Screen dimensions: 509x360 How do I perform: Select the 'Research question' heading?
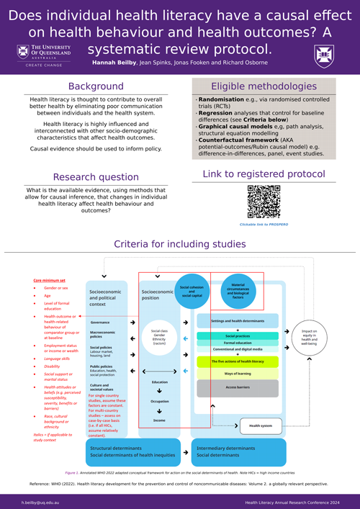(95, 176)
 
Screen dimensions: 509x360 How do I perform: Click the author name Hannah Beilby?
(114, 63)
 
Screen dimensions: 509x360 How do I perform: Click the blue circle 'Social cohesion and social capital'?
(191, 291)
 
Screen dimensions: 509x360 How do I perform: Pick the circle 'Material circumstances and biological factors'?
(237, 291)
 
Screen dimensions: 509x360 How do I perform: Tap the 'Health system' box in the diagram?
(261, 425)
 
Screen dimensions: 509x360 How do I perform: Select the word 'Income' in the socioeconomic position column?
(159, 420)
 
